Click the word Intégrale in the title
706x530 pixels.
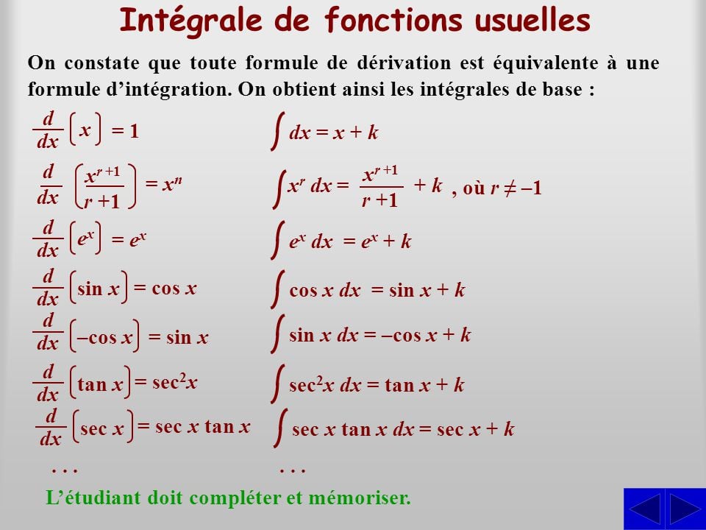[x=191, y=21]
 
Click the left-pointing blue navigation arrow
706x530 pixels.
[x=644, y=509]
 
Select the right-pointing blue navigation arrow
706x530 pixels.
[x=685, y=509]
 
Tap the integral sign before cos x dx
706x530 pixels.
[x=278, y=289]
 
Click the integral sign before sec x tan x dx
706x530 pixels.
[x=280, y=428]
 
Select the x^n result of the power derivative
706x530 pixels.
[x=172, y=184]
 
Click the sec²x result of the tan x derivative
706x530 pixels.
[x=175, y=382]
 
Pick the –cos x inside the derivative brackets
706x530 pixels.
[x=104, y=337]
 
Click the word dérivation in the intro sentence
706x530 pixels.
[x=404, y=63]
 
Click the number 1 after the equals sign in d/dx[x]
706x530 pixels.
[x=134, y=131]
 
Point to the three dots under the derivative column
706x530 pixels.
[x=65, y=471]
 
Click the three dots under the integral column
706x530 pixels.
[x=292, y=471]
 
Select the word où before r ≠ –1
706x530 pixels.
[x=474, y=188]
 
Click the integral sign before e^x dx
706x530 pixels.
[x=278, y=240]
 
